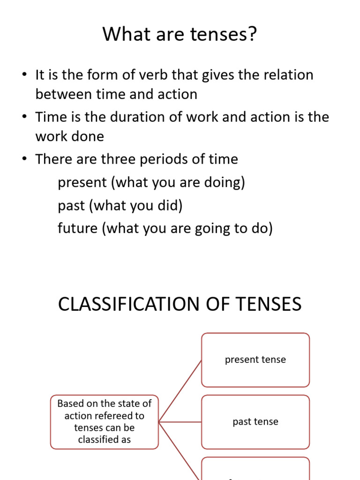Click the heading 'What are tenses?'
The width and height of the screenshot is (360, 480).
180,34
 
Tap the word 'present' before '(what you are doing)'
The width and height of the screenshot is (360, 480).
82,182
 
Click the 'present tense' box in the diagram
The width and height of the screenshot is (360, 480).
255,360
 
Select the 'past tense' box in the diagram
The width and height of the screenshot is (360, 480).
255,422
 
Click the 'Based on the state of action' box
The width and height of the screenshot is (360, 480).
105,422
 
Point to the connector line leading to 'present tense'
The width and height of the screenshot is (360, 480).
180,391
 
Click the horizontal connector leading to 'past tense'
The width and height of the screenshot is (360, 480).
180,422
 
